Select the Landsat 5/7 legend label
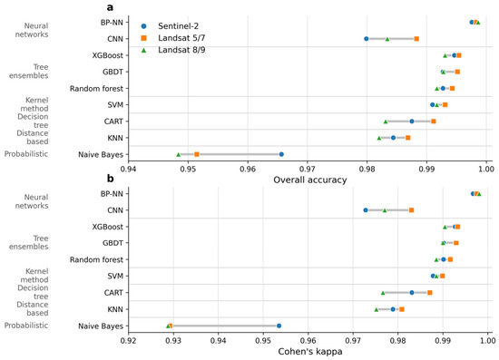click(181, 38)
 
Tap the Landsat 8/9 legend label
click(181, 50)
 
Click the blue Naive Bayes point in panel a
click(281, 154)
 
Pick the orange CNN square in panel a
click(416, 39)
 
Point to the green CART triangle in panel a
click(386, 122)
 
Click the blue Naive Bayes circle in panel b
click(279, 326)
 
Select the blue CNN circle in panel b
click(366, 210)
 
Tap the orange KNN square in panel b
click(402, 309)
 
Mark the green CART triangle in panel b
click(383, 293)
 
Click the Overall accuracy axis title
click(310, 180)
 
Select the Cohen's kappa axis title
click(310, 352)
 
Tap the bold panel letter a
click(110, 7)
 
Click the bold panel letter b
click(110, 178)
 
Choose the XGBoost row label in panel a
click(108, 55)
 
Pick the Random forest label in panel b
click(96, 260)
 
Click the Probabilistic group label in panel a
click(26, 154)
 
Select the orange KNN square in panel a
click(407, 138)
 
